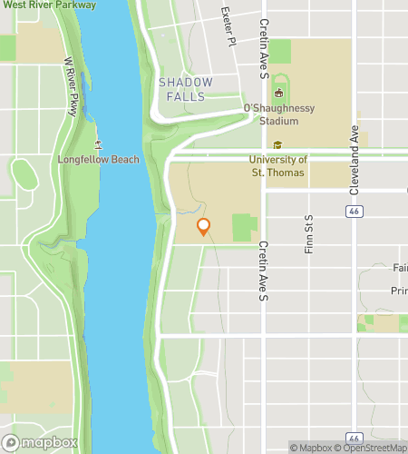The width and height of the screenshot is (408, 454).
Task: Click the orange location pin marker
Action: click(x=204, y=226)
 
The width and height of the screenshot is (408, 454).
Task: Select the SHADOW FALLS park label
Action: click(x=186, y=89)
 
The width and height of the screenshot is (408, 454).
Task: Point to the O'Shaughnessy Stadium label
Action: click(x=279, y=113)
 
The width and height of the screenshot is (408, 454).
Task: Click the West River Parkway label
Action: click(x=49, y=5)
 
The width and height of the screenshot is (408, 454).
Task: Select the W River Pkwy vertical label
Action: click(x=70, y=87)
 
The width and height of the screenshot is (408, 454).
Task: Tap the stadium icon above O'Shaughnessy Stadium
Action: click(x=279, y=91)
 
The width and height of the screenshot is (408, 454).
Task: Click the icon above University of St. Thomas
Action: click(x=277, y=145)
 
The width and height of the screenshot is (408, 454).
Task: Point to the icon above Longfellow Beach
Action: click(x=96, y=144)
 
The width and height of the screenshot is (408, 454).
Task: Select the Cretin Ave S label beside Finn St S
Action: click(x=264, y=271)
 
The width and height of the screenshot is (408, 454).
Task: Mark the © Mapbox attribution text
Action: click(x=311, y=447)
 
